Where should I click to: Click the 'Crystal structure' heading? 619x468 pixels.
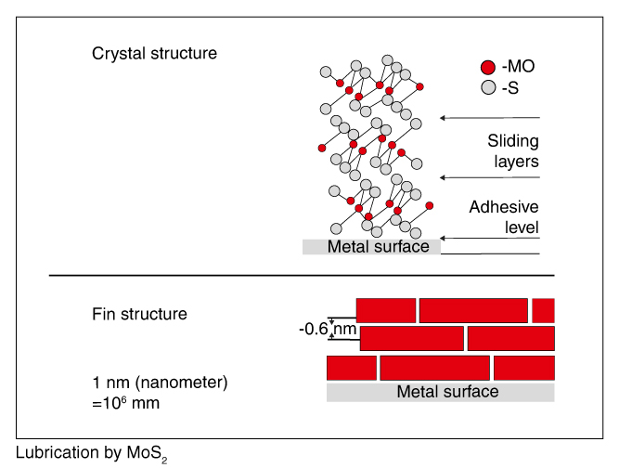point(154,53)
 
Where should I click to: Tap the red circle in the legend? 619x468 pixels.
point(487,67)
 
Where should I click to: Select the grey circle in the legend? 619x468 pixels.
point(487,88)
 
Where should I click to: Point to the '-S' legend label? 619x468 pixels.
point(510,88)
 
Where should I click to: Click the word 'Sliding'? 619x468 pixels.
point(513,141)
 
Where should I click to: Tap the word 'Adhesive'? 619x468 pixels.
point(504,206)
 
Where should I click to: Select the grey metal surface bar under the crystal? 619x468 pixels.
point(372,247)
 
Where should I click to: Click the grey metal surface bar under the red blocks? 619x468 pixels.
point(441,392)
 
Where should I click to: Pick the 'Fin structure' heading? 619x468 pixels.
point(139,314)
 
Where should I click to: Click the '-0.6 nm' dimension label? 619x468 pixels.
point(328,329)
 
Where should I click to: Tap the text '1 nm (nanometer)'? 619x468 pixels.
point(160,382)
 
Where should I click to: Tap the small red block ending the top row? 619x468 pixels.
point(543,309)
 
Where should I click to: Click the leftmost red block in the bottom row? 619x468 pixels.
point(352,368)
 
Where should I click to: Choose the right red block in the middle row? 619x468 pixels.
point(510,338)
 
